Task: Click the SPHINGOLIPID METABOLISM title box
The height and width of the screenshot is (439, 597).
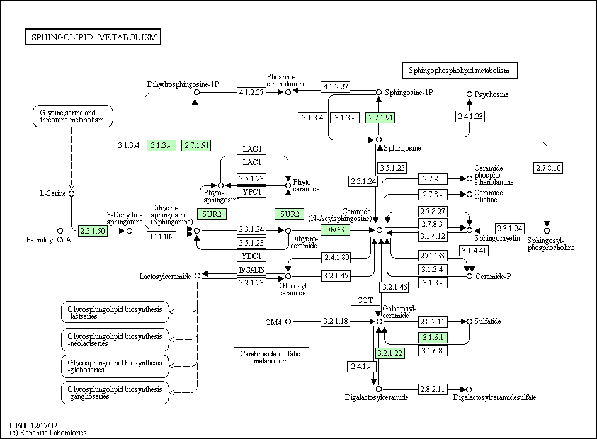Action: (x=93, y=37)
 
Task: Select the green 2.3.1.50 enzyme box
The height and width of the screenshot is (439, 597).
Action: (x=93, y=231)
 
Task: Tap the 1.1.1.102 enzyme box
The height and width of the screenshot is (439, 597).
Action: (x=161, y=237)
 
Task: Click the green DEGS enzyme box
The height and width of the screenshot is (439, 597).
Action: (x=334, y=230)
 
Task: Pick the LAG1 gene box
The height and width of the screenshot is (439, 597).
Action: (x=252, y=149)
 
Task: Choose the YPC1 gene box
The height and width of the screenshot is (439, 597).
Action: (x=252, y=192)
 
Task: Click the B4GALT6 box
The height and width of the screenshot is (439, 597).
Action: (x=252, y=270)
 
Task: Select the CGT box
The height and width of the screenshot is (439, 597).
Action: (x=365, y=300)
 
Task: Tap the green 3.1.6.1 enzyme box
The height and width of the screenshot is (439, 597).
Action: (x=433, y=338)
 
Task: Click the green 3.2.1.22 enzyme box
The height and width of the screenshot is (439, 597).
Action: (x=389, y=353)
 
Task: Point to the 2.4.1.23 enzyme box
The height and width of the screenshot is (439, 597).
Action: (x=470, y=117)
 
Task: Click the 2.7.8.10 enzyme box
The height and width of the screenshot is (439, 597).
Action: (x=549, y=168)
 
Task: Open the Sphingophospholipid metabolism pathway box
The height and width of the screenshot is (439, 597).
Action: (x=460, y=71)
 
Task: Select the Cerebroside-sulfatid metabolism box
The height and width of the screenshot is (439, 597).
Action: (x=271, y=358)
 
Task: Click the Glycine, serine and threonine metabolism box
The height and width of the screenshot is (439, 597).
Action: (x=72, y=116)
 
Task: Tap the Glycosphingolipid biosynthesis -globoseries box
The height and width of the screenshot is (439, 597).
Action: (x=115, y=367)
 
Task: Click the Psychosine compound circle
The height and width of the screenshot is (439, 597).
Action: (x=469, y=94)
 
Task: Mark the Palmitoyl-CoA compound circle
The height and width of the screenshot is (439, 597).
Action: (x=60, y=231)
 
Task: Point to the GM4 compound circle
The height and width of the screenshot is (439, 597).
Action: (x=288, y=322)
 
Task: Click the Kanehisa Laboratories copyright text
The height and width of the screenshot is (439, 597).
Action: (x=48, y=433)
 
